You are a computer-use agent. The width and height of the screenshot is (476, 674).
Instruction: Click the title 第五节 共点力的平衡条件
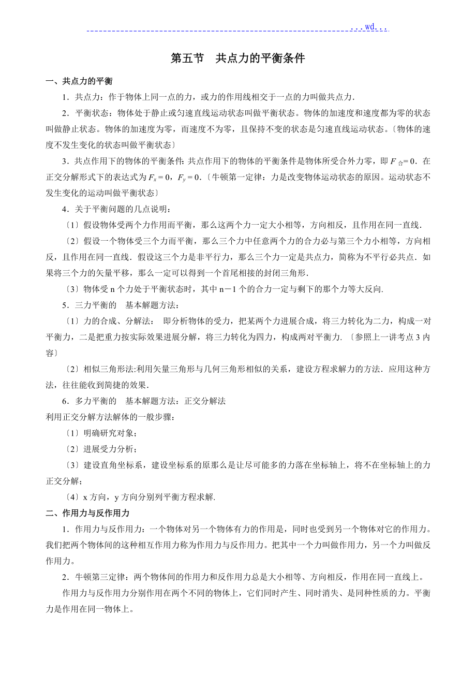click(x=237, y=58)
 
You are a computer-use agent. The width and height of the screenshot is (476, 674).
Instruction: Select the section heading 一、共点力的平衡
click(x=79, y=81)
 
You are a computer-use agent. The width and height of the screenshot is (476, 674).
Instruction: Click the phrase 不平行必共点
click(x=394, y=257)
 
